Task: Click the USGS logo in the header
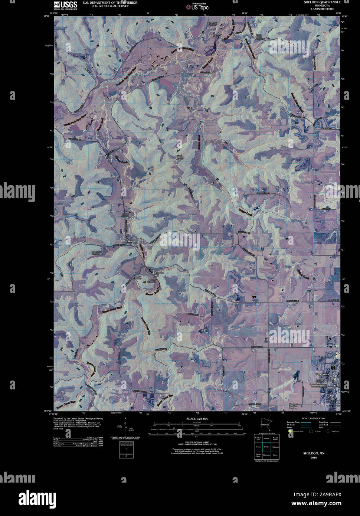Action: coord(65,5)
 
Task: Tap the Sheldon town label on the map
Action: coord(131,242)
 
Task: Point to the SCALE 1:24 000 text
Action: coord(198,419)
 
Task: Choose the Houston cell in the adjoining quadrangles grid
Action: coord(267,438)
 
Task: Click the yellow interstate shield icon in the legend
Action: coord(289,431)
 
